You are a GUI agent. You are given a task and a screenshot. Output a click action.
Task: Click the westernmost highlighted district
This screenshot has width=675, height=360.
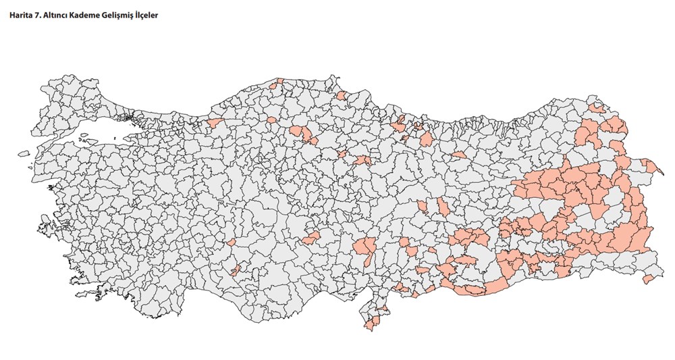tap(215, 123)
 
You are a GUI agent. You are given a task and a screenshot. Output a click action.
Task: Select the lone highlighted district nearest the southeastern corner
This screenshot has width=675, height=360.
tap(649, 278)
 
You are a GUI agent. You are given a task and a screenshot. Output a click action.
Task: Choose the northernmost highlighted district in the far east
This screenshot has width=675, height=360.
tap(597, 107)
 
